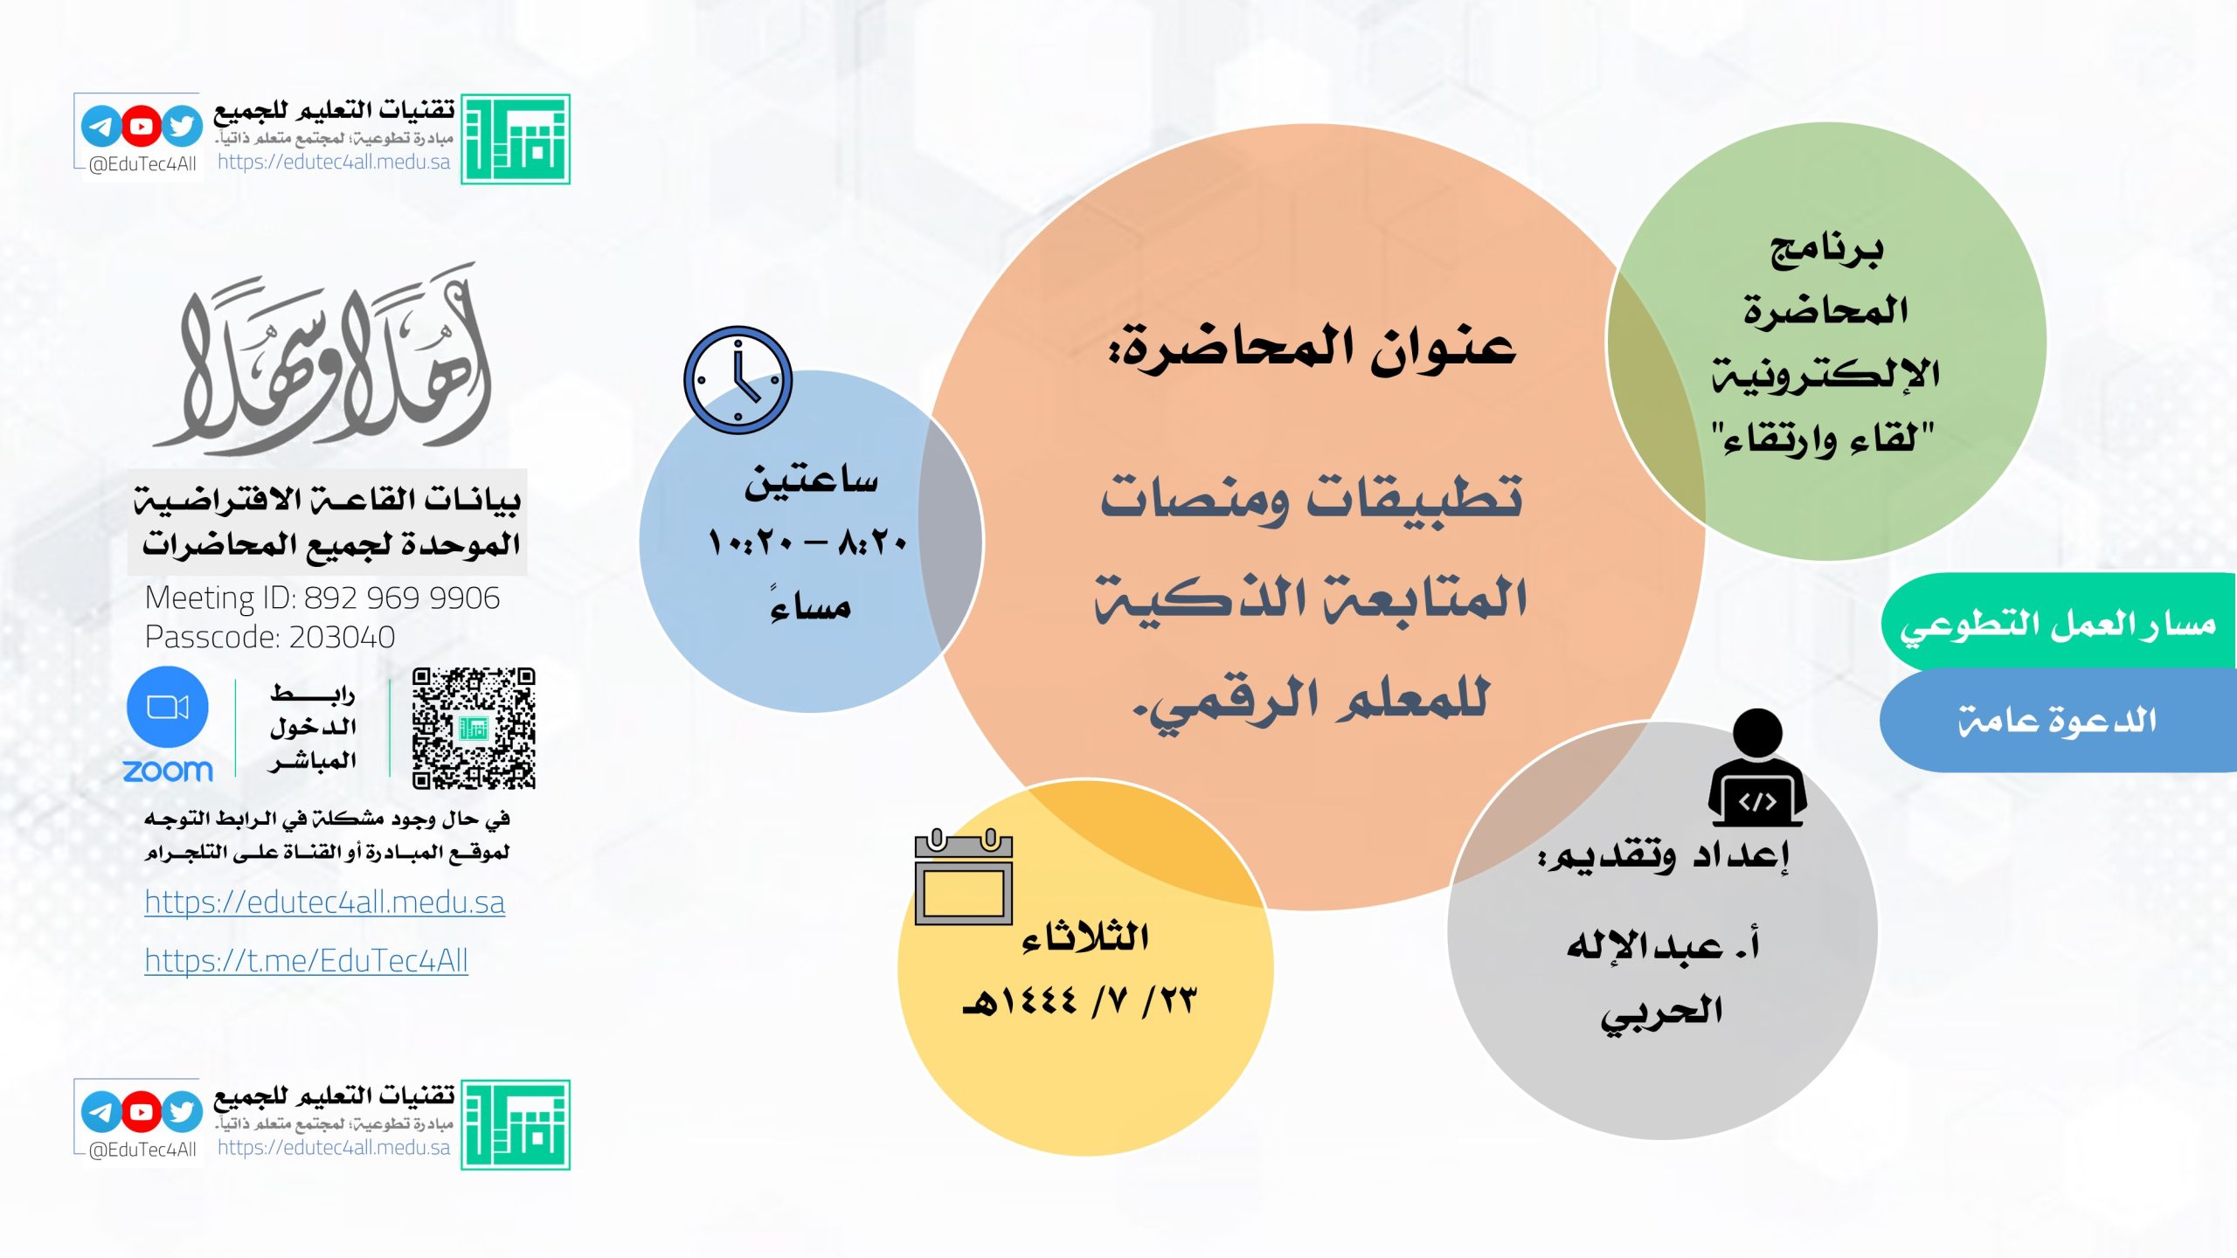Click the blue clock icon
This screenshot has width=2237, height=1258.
[x=738, y=380]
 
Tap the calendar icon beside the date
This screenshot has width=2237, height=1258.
[x=963, y=876]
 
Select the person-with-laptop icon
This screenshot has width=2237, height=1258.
[x=1757, y=767]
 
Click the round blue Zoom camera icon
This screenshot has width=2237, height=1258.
[x=168, y=707]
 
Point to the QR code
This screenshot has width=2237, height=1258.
[x=474, y=729]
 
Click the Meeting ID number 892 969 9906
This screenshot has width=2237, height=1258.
[x=402, y=598]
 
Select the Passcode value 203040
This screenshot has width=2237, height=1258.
[x=342, y=638]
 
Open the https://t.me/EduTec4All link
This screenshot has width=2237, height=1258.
[x=307, y=961]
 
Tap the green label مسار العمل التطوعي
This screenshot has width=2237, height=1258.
[x=2058, y=624]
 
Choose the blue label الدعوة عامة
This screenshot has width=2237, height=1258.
[x=2058, y=721]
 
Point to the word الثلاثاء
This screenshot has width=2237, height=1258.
[x=1084, y=937]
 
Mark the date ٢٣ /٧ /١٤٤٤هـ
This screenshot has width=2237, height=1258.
[x=1079, y=1000]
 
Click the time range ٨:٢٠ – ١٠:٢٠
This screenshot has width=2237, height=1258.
[x=807, y=543]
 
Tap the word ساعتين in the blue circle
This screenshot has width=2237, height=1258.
[x=811, y=481]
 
